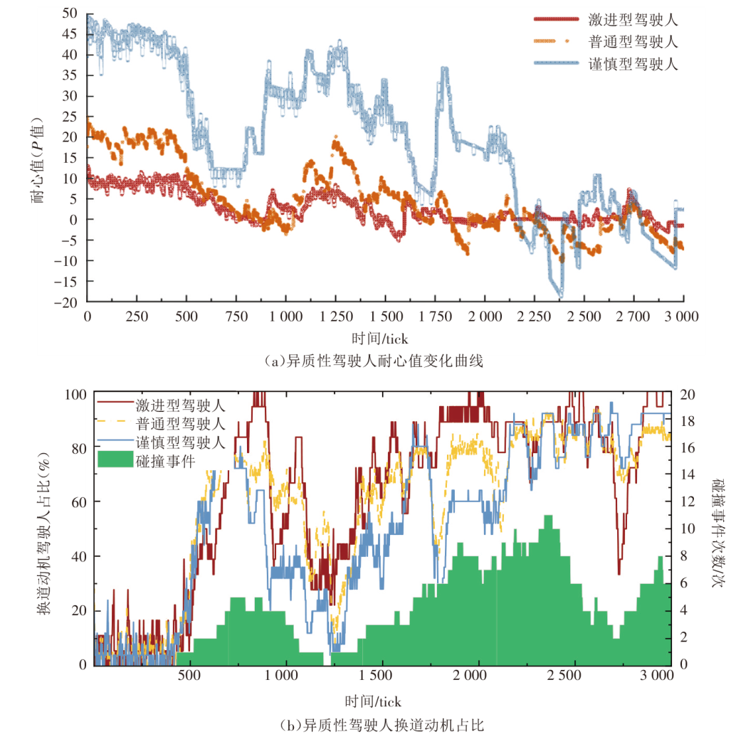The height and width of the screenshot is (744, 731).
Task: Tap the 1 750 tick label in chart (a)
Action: pos(436,316)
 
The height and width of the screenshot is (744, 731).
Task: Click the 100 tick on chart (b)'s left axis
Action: pos(75,394)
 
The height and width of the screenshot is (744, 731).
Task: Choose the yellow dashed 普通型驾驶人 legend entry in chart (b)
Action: pos(180,425)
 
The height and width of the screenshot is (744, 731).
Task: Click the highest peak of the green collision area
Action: pos(548,517)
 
